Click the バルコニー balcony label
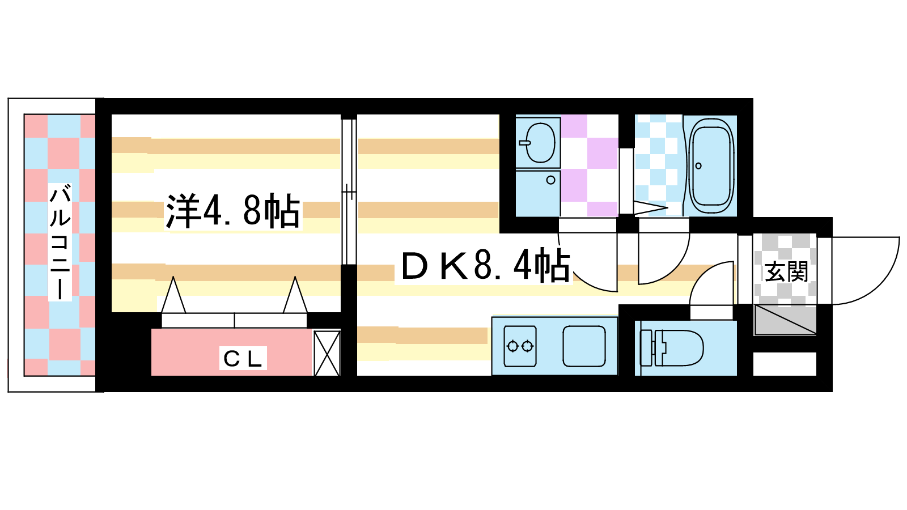pyautogui.click(x=60, y=242)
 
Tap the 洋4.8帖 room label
pyautogui.click(x=233, y=211)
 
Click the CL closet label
pyautogui.click(x=243, y=359)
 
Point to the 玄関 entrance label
pyautogui.click(x=786, y=271)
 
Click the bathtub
pyautogui.click(x=711, y=167)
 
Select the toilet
pyautogui.click(x=672, y=348)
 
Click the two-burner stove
pyautogui.click(x=520, y=346)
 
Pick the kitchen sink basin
pyautogui.click(x=584, y=346)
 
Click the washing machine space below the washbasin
pyautogui.click(x=538, y=193)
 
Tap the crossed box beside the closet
pyautogui.click(x=327, y=354)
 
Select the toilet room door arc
pyautogui.click(x=712, y=284)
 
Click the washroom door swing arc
pyautogui.click(x=587, y=262)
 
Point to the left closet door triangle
pyautogui.click(x=173, y=295)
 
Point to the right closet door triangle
pyautogui.click(x=295, y=295)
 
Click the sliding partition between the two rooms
pyautogui.click(x=348, y=190)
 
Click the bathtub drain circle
pyautogui.click(x=698, y=166)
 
